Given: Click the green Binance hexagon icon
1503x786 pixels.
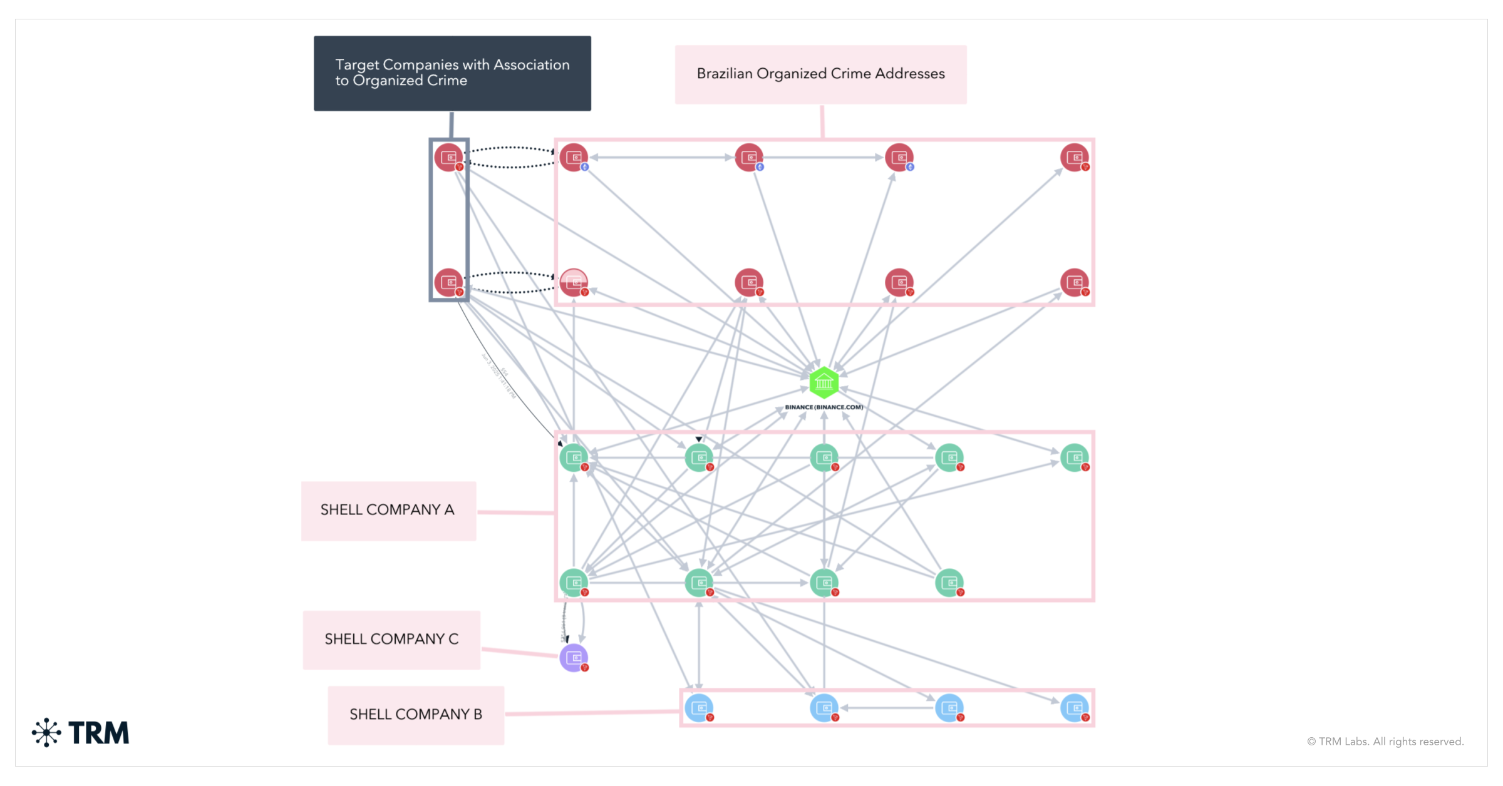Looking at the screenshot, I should [824, 382].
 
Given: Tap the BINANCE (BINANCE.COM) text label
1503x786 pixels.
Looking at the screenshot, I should [824, 407].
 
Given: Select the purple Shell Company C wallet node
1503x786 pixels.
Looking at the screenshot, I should [574, 658].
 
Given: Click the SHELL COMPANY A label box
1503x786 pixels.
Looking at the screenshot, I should [388, 510].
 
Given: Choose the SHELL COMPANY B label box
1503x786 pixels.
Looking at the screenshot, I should [416, 715].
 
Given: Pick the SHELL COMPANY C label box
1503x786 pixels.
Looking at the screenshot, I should [391, 640].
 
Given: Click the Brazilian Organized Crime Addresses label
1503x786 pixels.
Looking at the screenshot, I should [820, 74].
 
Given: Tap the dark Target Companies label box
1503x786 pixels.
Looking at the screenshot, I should [452, 73].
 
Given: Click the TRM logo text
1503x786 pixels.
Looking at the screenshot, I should [99, 733].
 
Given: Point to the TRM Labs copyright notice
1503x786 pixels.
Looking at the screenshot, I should [1385, 742].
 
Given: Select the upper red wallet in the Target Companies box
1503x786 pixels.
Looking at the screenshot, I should [448, 157].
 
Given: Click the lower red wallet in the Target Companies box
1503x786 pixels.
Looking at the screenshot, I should [448, 282].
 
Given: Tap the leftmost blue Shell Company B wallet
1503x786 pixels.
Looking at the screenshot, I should [699, 708].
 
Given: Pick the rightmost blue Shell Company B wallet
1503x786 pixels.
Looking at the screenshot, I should [1075, 708].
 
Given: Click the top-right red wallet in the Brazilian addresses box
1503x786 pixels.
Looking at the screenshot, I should [1075, 157].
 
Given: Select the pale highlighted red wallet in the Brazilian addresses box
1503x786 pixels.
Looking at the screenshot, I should [574, 282].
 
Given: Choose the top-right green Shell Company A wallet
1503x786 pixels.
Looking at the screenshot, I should [1075, 457].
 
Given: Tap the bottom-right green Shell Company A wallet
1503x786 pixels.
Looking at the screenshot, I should [949, 583].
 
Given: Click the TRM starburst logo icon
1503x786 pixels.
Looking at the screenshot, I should [46, 733].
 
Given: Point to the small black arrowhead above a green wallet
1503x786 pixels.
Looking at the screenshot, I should [699, 439].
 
